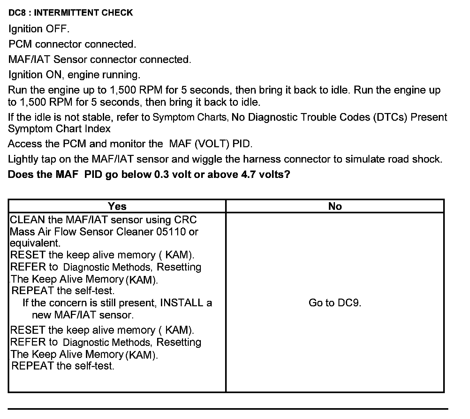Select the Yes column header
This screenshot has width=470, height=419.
(117, 206)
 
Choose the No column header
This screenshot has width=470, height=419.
(335, 206)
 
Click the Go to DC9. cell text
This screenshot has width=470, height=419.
(335, 303)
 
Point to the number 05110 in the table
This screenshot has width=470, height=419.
(171, 232)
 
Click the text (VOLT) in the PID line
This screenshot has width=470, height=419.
(212, 144)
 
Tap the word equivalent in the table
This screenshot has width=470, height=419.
(35, 243)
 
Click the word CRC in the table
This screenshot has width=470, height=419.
(186, 220)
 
